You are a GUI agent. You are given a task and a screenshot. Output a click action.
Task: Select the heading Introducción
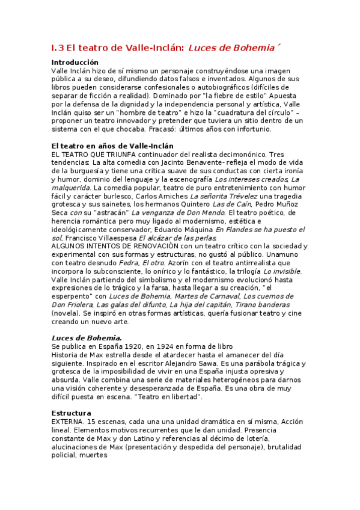click(75, 63)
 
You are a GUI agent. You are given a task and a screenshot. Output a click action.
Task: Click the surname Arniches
click(171, 196)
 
